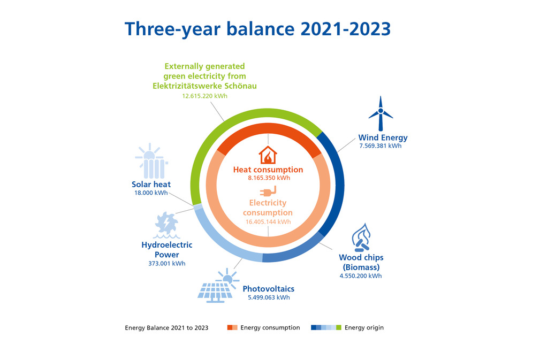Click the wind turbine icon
pos(381,113)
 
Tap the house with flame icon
pos(268,155)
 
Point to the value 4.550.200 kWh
pos(361,276)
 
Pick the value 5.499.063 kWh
pos(268,297)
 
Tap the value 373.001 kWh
pos(166,264)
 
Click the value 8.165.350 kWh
pos(268,178)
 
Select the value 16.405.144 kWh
pos(268,221)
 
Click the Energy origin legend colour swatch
pos(326,327)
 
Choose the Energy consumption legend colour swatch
pos(232,327)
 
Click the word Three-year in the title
pos(164,28)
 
